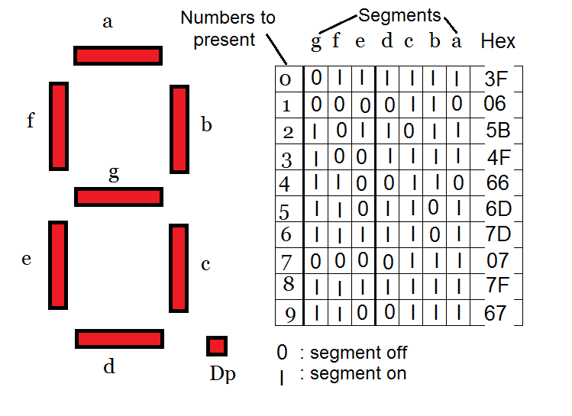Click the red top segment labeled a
click(118, 56)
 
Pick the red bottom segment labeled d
click(120, 339)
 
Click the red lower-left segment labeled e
click(58, 264)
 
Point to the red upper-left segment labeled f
click(59, 125)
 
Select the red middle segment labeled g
click(118, 196)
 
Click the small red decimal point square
click(217, 346)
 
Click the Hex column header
click(498, 41)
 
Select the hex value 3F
click(496, 78)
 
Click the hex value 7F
click(496, 287)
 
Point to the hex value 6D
click(496, 208)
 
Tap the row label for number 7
click(287, 262)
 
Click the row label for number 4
click(287, 183)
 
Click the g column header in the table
click(316, 41)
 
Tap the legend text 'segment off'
click(358, 353)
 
